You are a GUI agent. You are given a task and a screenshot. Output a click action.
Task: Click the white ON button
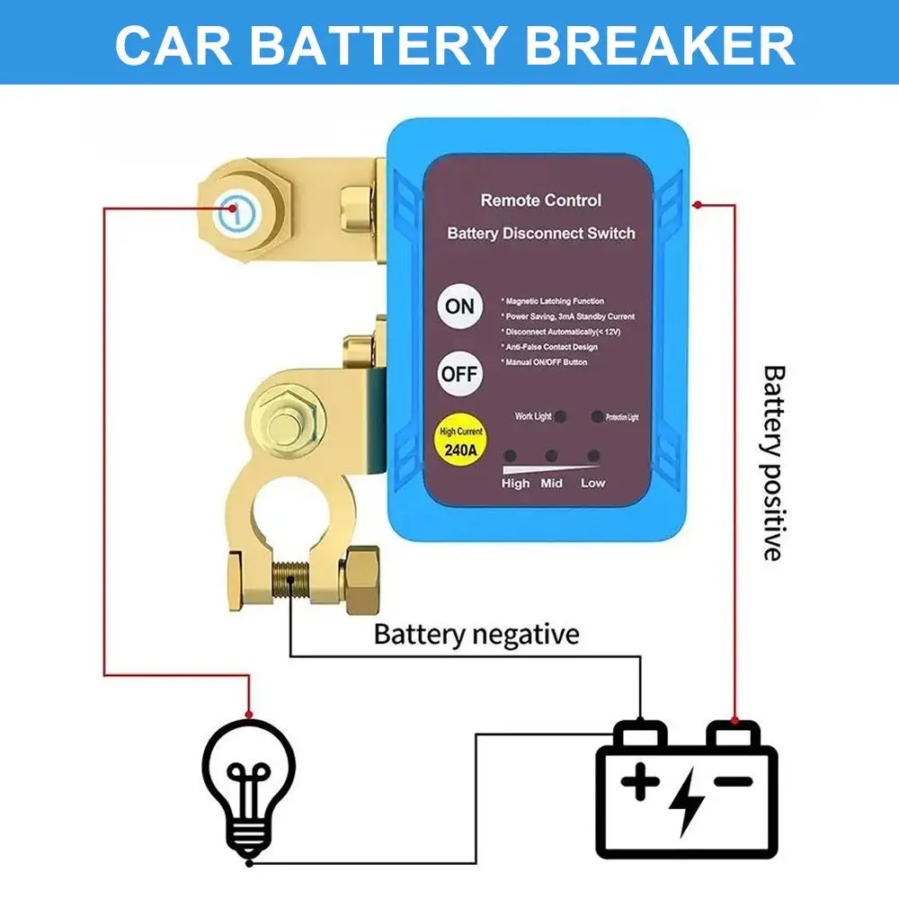(459, 306)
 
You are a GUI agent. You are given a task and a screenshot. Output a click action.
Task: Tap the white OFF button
(459, 373)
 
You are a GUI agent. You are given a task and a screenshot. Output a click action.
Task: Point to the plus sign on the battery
(640, 782)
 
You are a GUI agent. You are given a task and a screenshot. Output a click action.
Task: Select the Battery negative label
(476, 635)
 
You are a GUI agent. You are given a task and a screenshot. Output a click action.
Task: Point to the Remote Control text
(540, 200)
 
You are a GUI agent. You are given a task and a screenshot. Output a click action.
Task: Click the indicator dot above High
(510, 457)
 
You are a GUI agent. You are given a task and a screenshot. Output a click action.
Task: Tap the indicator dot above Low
(592, 457)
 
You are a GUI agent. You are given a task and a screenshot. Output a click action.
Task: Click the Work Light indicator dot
(561, 417)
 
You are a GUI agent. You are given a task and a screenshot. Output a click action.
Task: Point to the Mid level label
(551, 484)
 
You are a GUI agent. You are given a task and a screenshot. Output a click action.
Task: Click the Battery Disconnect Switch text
(540, 233)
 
